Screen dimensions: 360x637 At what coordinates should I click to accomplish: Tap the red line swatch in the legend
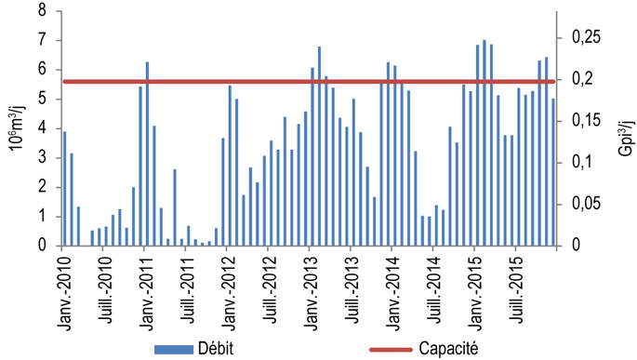392,347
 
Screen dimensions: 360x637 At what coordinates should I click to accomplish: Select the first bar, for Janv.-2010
64,188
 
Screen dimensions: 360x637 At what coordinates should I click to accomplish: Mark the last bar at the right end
552,172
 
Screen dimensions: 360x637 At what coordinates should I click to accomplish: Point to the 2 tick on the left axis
44,187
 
